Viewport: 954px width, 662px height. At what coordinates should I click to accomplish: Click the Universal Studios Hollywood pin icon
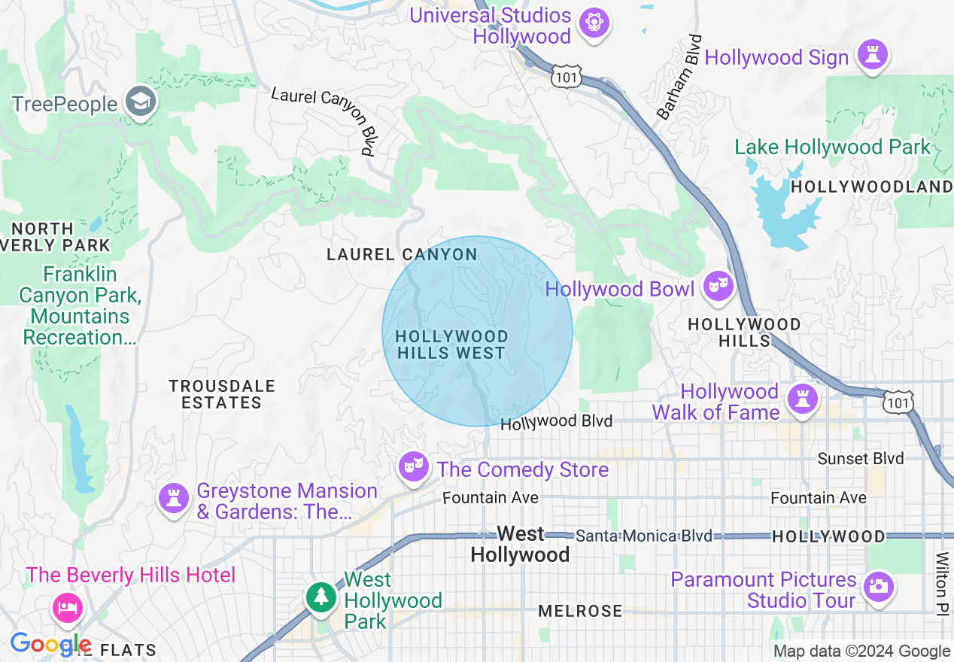point(594,23)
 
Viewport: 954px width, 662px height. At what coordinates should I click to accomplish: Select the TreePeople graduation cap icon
point(140,102)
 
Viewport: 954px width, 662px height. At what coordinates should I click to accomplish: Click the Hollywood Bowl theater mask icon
point(718,286)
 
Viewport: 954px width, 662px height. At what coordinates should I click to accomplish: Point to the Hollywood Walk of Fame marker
point(802,399)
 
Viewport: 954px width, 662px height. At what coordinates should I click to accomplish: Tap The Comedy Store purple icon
point(414,466)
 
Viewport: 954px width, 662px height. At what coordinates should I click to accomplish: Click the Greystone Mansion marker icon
point(174,498)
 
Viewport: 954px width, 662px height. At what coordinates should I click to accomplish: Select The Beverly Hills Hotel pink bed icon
point(67,608)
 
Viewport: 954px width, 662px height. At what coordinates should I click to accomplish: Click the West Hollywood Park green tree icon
point(321,597)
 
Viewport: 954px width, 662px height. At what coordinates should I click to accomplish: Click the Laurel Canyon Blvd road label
point(324,120)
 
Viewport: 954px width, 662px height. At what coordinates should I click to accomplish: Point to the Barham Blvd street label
point(679,77)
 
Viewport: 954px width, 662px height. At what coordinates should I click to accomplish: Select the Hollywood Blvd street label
point(556,422)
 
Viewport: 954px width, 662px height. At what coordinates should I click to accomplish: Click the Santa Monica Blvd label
point(643,536)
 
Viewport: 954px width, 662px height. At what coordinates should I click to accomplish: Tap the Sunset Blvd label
point(861,458)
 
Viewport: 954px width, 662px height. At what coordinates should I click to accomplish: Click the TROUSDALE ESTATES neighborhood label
point(222,394)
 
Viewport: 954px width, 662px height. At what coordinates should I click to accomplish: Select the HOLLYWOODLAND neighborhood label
point(871,187)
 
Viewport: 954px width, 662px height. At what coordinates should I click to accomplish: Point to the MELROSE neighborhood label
point(580,611)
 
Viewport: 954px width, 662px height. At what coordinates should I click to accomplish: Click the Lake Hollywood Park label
point(832,147)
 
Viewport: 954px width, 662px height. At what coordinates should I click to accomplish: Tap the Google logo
point(49,644)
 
